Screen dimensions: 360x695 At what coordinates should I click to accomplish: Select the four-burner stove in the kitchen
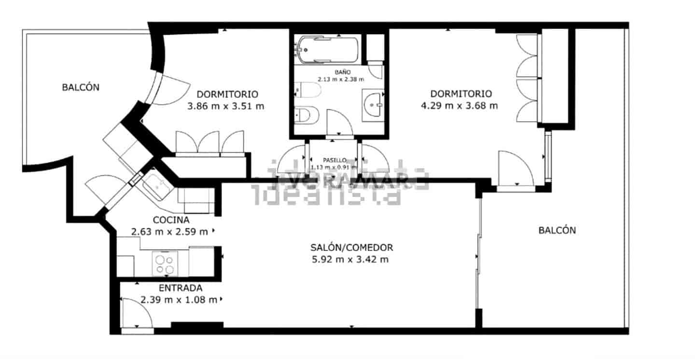165,264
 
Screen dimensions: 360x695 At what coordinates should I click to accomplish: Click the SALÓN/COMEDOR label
351,248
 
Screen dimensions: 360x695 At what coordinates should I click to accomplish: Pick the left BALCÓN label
81,87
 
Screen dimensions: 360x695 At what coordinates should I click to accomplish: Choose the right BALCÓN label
557,230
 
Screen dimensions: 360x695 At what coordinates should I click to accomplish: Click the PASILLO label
334,160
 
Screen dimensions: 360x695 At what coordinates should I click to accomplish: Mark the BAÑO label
339,72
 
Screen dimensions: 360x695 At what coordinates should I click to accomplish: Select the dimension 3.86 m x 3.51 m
226,106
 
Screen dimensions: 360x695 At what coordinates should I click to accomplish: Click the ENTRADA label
181,288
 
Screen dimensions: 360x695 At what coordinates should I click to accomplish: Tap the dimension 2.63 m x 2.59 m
169,232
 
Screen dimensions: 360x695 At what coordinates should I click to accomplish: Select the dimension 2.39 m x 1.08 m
179,300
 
